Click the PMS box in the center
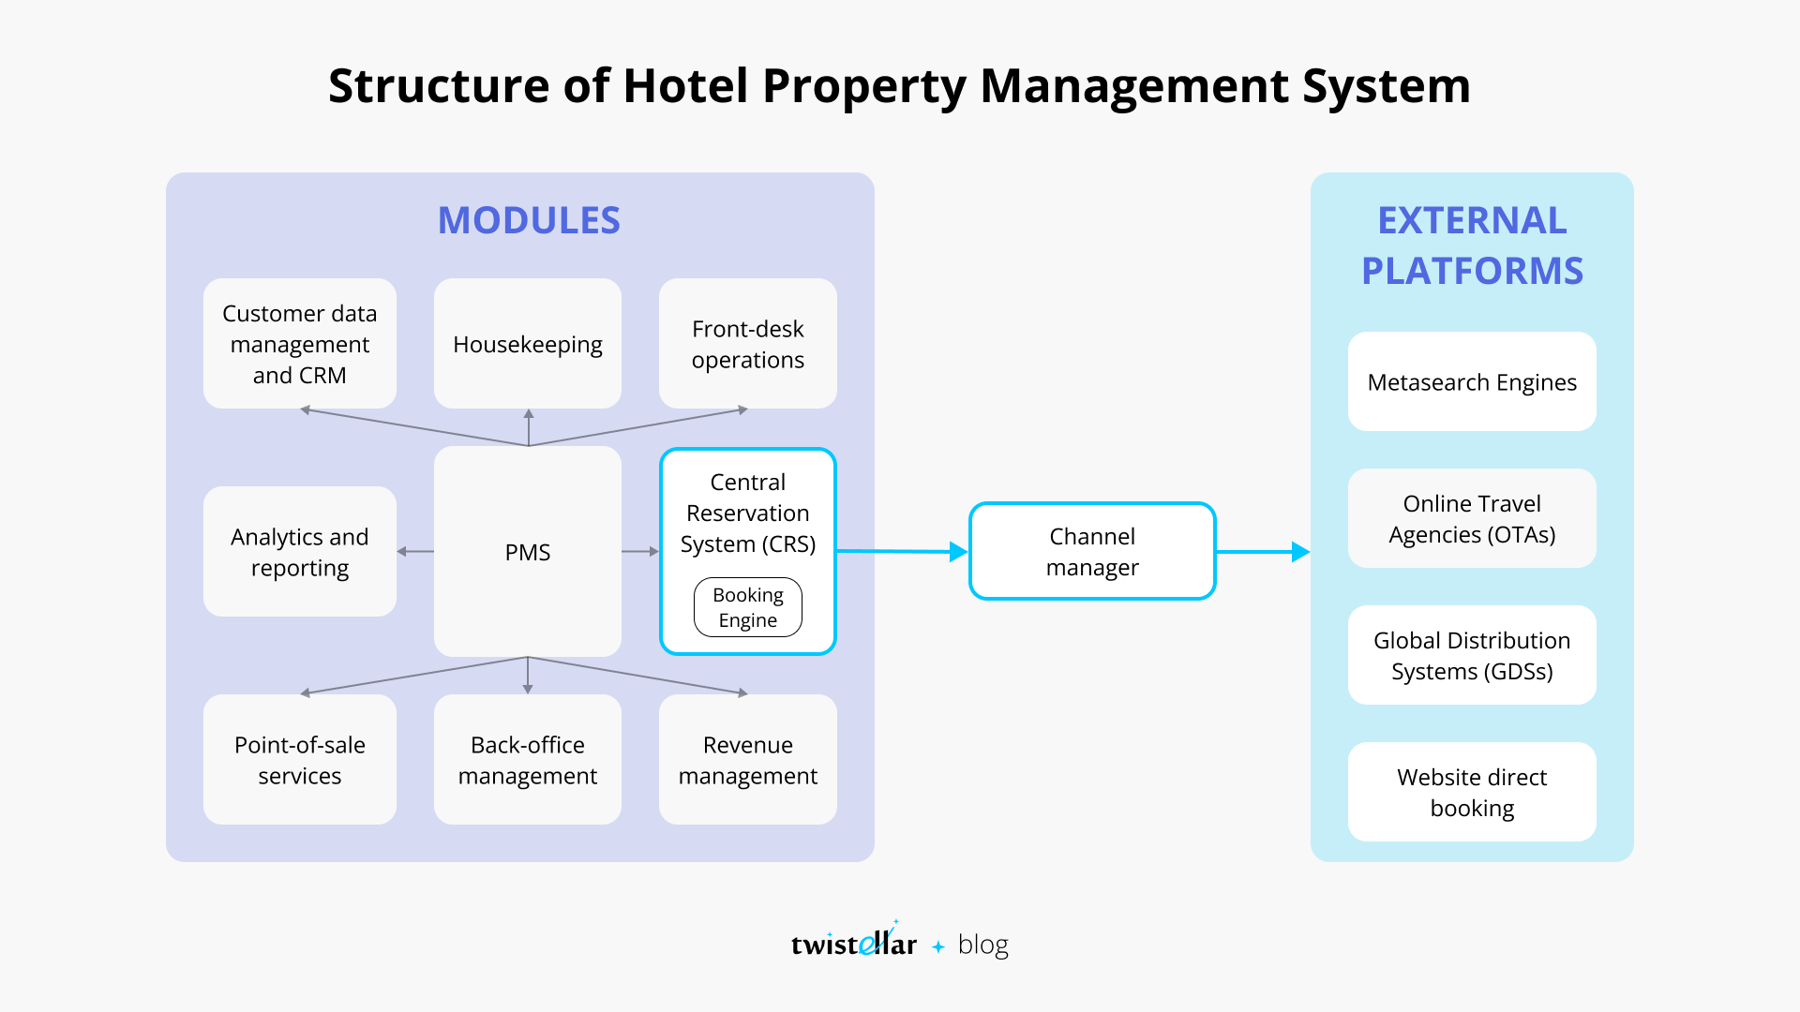(x=528, y=552)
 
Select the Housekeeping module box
(x=528, y=344)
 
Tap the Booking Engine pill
(x=747, y=607)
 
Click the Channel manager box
(x=1092, y=551)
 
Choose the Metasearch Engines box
(x=1472, y=381)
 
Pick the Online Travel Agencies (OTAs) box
(x=1472, y=518)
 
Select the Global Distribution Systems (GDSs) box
(x=1472, y=655)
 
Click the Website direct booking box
(x=1472, y=792)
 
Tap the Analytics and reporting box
(x=299, y=552)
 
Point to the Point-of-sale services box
(x=299, y=760)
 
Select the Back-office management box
(x=528, y=760)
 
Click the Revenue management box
(x=747, y=760)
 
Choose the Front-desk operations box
(x=747, y=344)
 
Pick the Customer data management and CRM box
(x=299, y=344)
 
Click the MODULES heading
(x=529, y=220)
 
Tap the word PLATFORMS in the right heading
(x=1472, y=271)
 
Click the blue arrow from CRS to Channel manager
(x=900, y=551)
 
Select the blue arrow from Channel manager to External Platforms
(x=1262, y=552)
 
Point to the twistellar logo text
(x=853, y=944)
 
